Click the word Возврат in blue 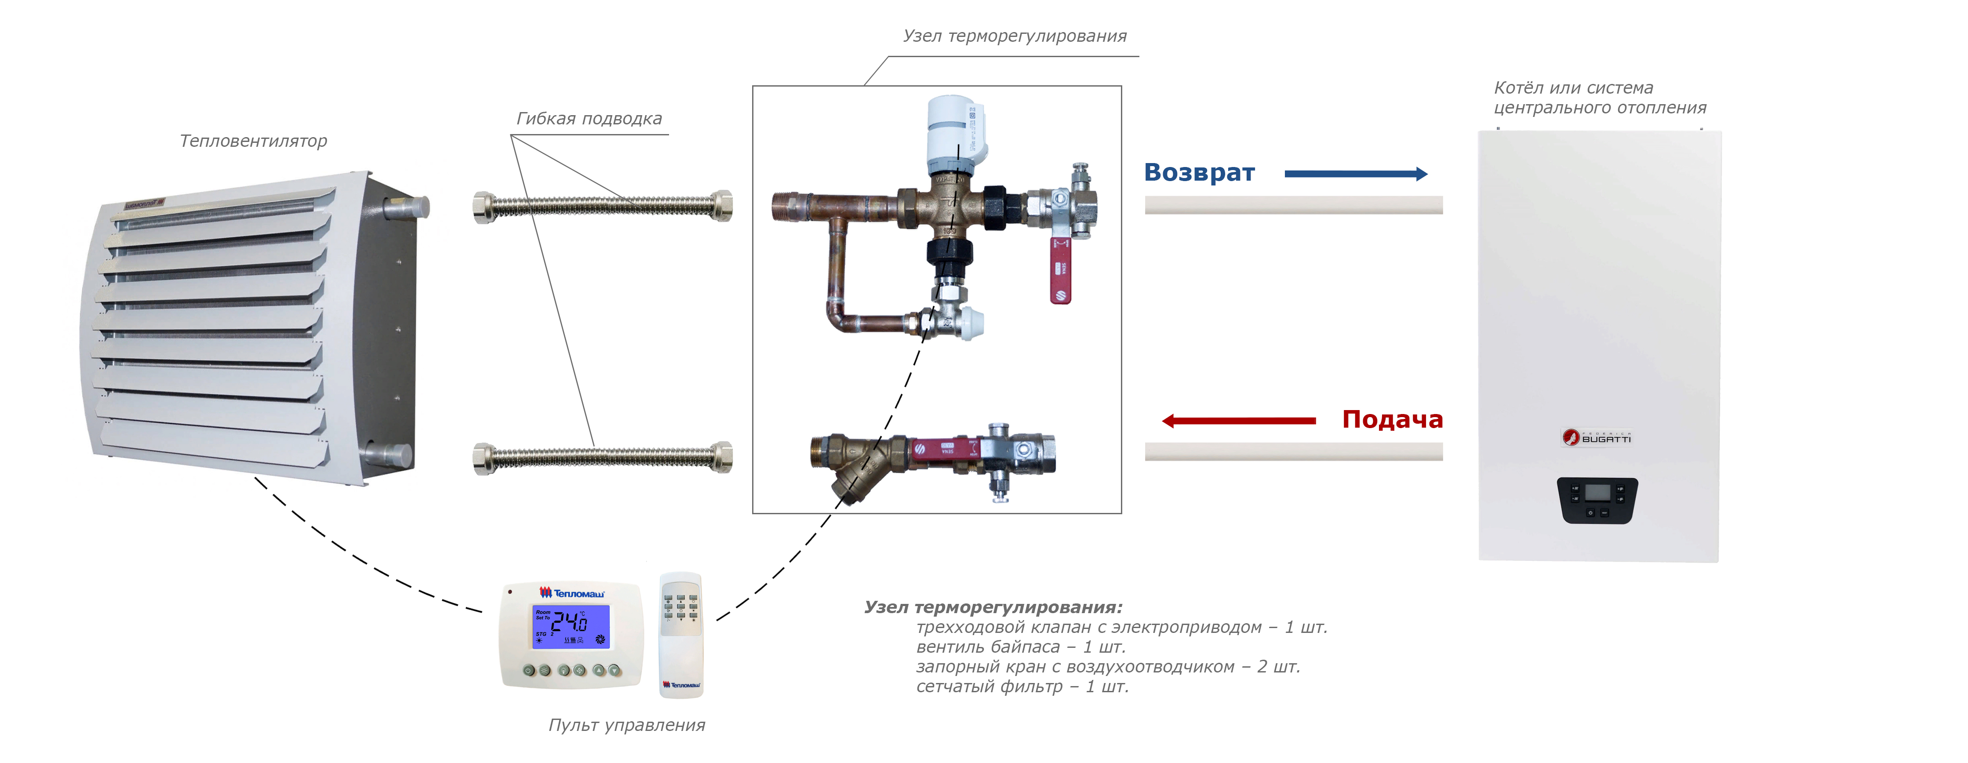(x=1199, y=173)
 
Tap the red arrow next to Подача (x=1238, y=421)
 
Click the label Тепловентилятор (x=253, y=141)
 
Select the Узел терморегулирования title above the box (x=1015, y=36)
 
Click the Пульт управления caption (x=626, y=725)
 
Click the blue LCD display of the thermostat (x=571, y=626)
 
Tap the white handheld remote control (x=680, y=634)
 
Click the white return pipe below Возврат (x=1293, y=205)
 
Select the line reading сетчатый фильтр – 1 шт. (x=1022, y=687)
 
